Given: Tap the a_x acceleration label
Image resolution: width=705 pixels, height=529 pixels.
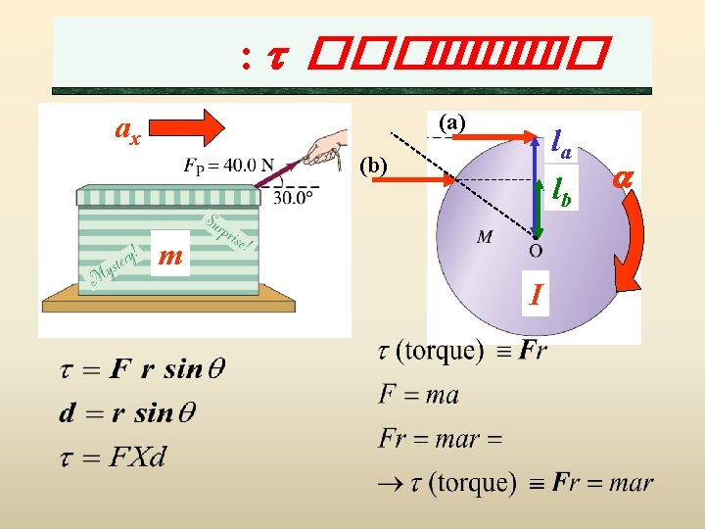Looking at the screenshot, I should pos(127,129).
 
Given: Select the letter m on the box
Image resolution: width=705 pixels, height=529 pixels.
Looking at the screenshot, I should pos(170,257).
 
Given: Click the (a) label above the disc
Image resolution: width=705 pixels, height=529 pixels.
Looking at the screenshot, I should pos(452,121).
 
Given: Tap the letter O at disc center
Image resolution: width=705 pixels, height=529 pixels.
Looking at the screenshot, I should pos(536,250).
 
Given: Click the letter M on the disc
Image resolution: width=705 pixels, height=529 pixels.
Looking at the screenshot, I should pos(485,238).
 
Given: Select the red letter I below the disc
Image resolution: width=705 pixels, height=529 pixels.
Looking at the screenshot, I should pos(536,292).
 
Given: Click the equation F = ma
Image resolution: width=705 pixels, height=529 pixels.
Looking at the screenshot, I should pos(418,395).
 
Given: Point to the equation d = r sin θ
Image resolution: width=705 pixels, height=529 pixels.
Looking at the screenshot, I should pos(127,413).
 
